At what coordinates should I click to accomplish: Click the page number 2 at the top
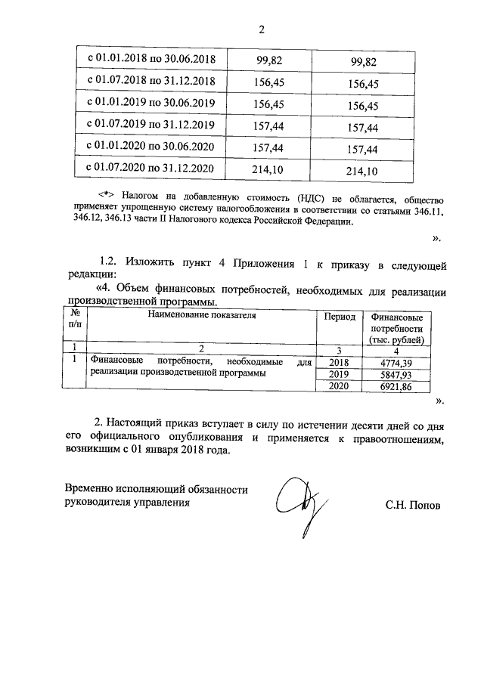[262, 30]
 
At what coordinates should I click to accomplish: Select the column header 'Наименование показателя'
[202, 316]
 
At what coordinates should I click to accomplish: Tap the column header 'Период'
[340, 317]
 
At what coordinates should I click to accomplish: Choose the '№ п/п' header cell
[75, 323]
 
